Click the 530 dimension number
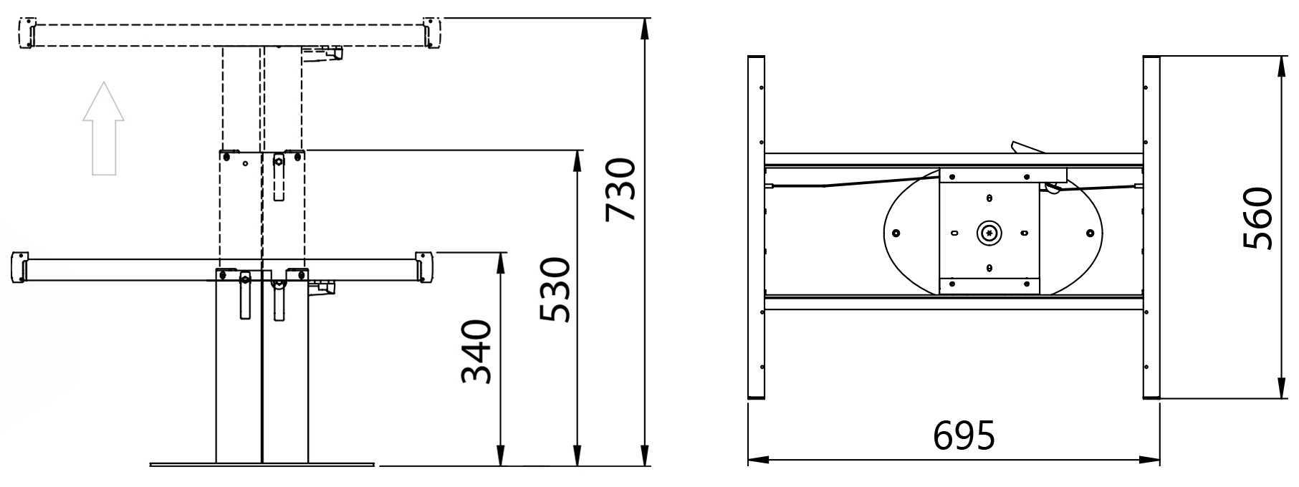(x=555, y=290)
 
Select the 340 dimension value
(x=476, y=352)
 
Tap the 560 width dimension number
(x=1258, y=218)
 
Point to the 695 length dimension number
(x=964, y=435)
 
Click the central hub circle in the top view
(x=989, y=231)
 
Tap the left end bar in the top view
(x=757, y=227)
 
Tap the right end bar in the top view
(x=1151, y=227)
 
